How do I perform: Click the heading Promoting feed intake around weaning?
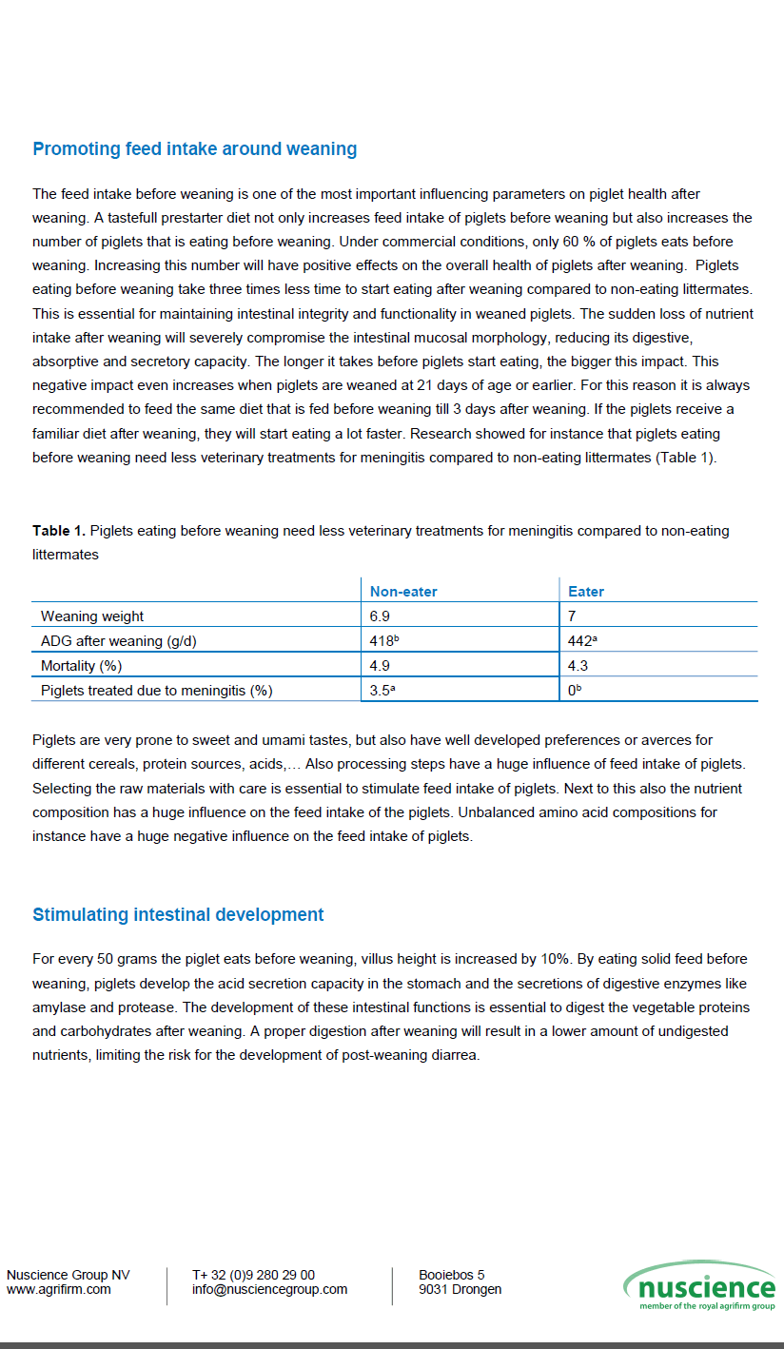click(x=195, y=149)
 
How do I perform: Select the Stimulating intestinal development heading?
click(x=178, y=915)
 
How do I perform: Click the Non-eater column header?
click(x=403, y=592)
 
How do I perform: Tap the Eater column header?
click(x=586, y=592)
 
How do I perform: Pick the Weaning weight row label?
click(x=92, y=616)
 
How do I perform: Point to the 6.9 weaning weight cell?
click(x=380, y=616)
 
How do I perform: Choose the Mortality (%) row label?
click(x=81, y=666)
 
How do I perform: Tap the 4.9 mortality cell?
click(x=380, y=666)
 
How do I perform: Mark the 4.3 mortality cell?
click(x=578, y=666)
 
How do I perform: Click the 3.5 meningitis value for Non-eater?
click(x=382, y=691)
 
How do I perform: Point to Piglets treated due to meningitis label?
click(x=156, y=691)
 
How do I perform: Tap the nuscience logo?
click(x=699, y=1286)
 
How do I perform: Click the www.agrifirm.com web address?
click(x=59, y=1290)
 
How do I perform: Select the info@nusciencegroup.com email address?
click(x=269, y=1290)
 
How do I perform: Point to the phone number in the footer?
click(x=253, y=1275)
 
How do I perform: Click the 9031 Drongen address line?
click(x=461, y=1290)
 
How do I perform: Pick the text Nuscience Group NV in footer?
click(x=69, y=1275)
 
